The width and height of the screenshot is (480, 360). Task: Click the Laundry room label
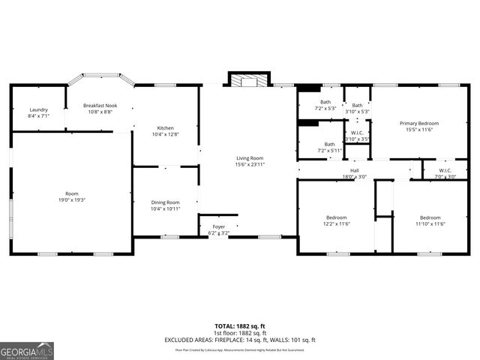pyautogui.click(x=38, y=109)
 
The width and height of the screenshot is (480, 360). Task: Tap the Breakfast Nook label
pyautogui.click(x=99, y=106)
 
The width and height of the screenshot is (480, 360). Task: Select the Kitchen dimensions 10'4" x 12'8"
pyautogui.click(x=166, y=134)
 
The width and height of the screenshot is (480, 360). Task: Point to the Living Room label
pyautogui.click(x=250, y=157)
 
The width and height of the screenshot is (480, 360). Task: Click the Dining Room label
pyautogui.click(x=166, y=202)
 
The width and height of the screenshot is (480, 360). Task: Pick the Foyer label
pyautogui.click(x=218, y=226)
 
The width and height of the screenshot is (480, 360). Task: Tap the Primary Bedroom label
pyautogui.click(x=418, y=123)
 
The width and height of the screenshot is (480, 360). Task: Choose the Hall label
pyautogui.click(x=355, y=170)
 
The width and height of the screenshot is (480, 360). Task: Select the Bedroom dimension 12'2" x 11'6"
pyautogui.click(x=337, y=223)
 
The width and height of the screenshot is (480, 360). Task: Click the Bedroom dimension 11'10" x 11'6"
pyautogui.click(x=430, y=223)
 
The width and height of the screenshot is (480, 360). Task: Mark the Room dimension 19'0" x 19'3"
pyautogui.click(x=73, y=200)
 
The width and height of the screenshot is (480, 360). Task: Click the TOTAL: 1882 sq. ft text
pyautogui.click(x=240, y=326)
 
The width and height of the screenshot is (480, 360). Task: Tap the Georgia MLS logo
pyautogui.click(x=27, y=350)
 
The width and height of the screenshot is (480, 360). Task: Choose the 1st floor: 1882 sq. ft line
pyautogui.click(x=240, y=333)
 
